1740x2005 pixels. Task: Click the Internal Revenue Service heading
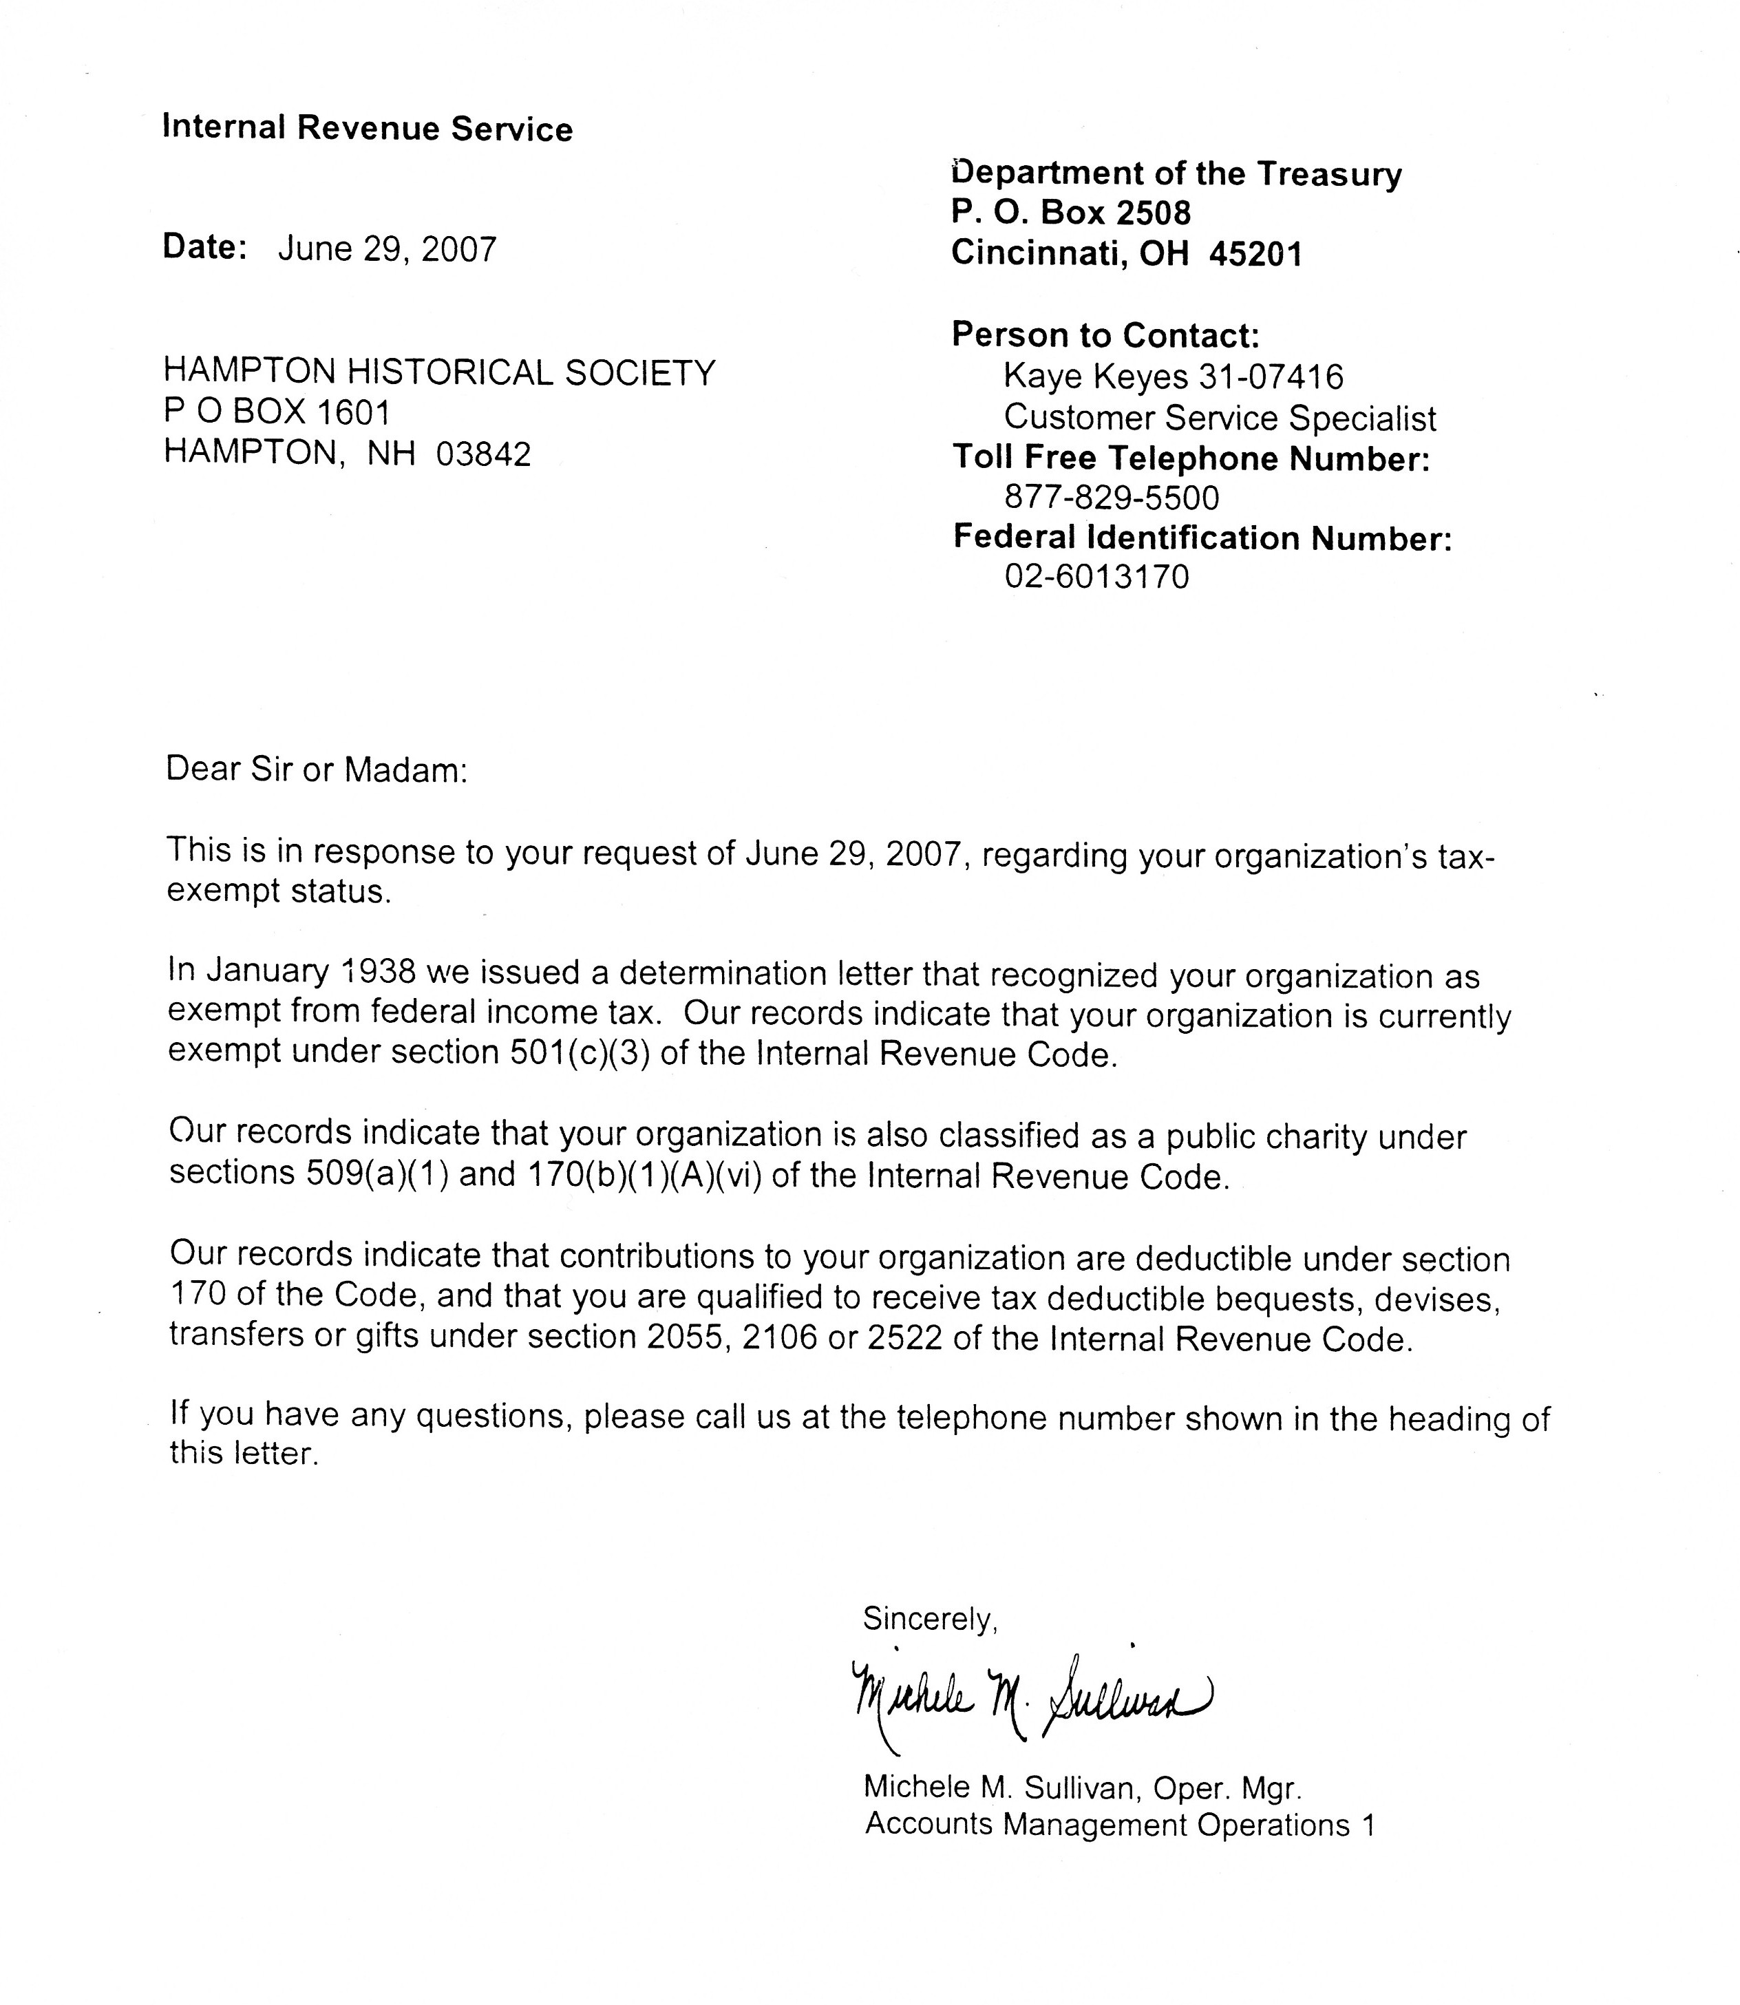click(367, 128)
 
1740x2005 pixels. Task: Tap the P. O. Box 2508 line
click(1070, 213)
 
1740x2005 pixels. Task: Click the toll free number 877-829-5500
click(1111, 498)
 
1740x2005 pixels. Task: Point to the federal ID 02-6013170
click(1096, 577)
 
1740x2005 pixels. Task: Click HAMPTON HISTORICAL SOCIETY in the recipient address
click(439, 372)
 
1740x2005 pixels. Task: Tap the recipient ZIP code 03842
click(484, 454)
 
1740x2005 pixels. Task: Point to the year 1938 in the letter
click(380, 971)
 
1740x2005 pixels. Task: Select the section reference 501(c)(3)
click(581, 1054)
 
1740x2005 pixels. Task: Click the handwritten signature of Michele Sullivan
click(1029, 1700)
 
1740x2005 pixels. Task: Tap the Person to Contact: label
click(1105, 335)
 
